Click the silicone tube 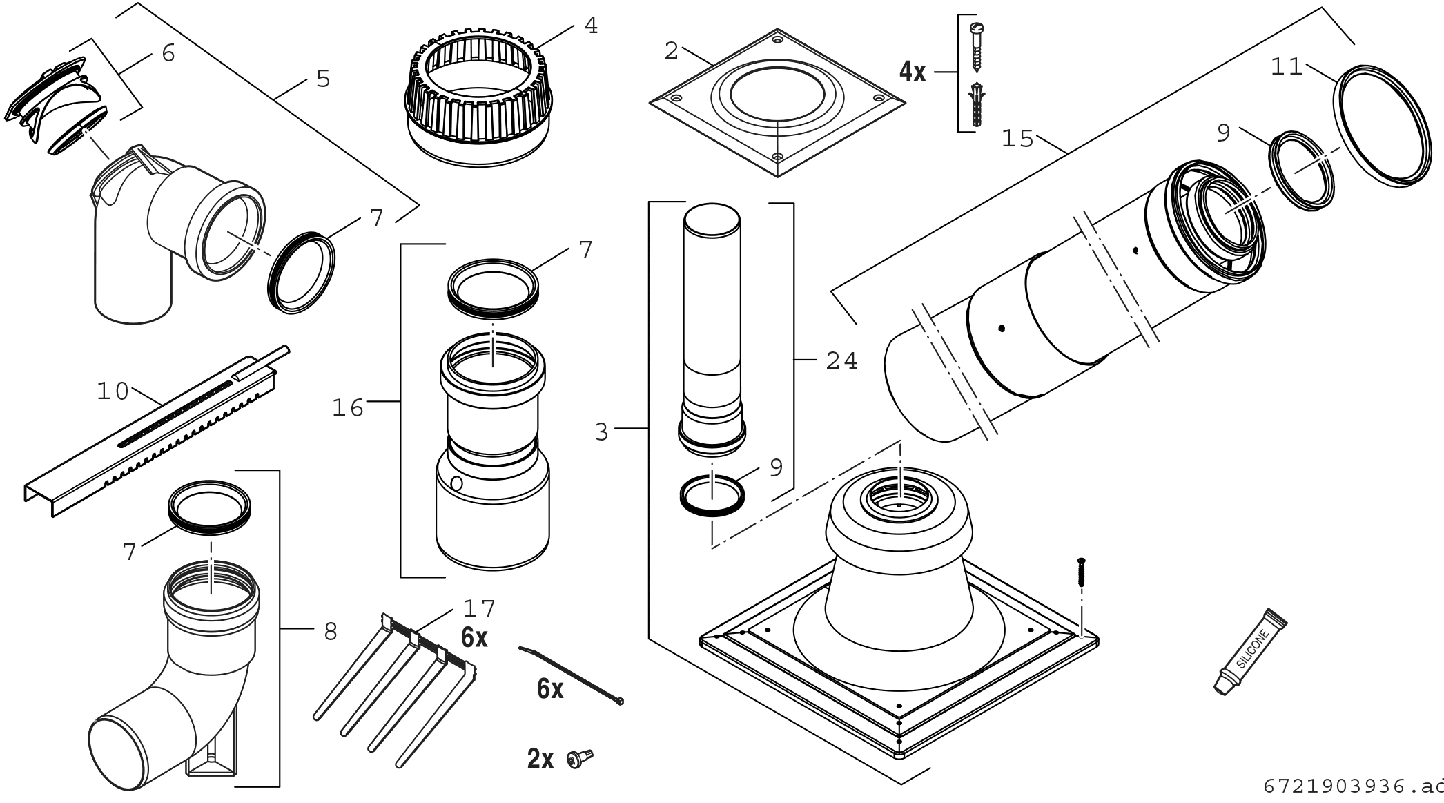pos(1250,652)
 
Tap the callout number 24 pos(841,360)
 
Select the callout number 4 pos(591,26)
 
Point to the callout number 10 pos(113,392)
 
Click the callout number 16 pos(348,408)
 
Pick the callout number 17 pos(479,609)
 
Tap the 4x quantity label pos(913,72)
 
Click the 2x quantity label pos(540,759)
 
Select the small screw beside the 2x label pos(580,758)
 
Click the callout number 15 pos(1017,139)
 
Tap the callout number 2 pos(672,51)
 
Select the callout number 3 pos(602,433)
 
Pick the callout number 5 pos(323,79)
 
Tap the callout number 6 pos(168,53)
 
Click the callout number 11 pos(1287,68)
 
